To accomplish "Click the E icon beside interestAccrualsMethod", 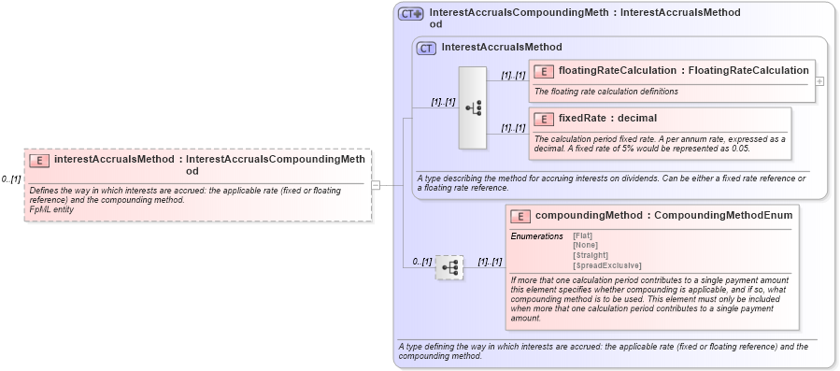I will tap(39, 160).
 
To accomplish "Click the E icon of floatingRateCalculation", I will tap(543, 71).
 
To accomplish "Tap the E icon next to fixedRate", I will tap(543, 119).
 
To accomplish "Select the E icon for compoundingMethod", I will tap(520, 216).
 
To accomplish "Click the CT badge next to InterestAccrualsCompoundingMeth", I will tap(411, 14).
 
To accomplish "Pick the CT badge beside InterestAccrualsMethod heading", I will tap(426, 48).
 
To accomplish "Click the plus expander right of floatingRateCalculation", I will tap(819, 81).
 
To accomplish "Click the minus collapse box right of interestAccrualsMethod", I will tap(376, 185).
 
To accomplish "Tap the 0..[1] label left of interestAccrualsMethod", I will tap(11, 178).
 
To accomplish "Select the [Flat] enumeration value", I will tap(582, 235).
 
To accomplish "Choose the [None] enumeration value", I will tap(585, 245).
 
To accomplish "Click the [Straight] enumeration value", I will tap(590, 254).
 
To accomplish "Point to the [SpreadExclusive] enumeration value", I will tap(606, 264).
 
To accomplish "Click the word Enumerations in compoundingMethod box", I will tap(536, 236).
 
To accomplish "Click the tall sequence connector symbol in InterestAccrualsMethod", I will tap(473, 107).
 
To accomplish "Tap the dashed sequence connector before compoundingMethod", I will tap(449, 268).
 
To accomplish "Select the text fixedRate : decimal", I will tap(594, 119).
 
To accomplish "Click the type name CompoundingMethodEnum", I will tap(723, 216).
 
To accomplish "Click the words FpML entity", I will tap(51, 209).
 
